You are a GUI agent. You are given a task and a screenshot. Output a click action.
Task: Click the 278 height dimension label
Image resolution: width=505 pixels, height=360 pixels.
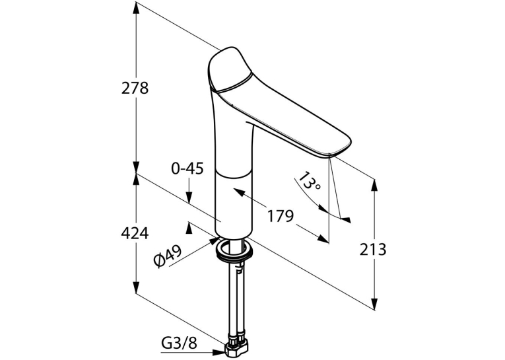[x=135, y=88]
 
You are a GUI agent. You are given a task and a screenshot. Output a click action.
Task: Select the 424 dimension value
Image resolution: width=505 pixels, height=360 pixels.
[x=135, y=233]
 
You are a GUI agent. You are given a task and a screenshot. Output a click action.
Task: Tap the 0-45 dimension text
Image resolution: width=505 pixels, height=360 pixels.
[x=187, y=168]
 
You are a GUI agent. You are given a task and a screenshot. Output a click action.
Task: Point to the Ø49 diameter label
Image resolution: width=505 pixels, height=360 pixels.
[x=168, y=256]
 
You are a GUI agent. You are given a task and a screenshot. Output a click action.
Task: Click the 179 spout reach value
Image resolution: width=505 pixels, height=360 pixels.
[x=281, y=215]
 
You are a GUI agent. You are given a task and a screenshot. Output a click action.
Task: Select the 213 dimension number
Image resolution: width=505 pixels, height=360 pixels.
[x=372, y=249]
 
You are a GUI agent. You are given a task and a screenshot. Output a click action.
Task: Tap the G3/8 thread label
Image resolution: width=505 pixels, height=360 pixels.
[x=179, y=344]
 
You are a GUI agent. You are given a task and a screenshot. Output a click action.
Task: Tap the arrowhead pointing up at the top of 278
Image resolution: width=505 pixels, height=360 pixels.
[x=136, y=7]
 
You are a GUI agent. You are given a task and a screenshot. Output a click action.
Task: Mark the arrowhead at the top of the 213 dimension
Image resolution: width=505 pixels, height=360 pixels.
[x=374, y=185]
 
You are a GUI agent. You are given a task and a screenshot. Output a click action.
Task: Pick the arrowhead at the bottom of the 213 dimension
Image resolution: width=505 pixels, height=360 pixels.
[x=374, y=304]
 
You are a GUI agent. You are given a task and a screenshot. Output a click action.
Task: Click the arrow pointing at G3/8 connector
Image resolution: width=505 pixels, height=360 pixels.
[x=218, y=353]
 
